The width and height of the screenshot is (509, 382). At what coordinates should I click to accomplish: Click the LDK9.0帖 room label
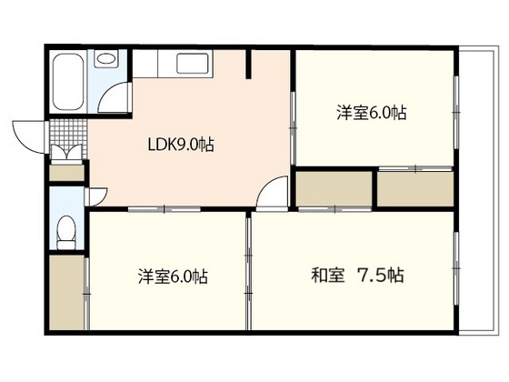coord(181,145)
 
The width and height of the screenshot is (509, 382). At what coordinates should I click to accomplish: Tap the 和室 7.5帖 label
coord(358,276)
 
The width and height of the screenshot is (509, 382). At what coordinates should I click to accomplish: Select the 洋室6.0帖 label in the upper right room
coord(372,113)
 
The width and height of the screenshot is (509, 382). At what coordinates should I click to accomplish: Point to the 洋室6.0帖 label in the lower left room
coord(173,276)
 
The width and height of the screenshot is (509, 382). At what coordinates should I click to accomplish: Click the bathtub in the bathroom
coord(68,82)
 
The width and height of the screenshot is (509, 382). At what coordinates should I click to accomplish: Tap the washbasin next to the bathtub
coord(106,59)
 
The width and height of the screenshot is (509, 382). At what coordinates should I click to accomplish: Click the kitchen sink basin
coord(192,64)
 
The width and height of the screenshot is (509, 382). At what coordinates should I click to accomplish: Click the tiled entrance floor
coord(68,132)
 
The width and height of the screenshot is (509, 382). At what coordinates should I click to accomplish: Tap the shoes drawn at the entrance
coord(67,152)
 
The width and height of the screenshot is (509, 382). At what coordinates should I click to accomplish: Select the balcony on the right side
coord(478,191)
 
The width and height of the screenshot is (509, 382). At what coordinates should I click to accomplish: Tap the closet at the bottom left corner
coord(66,292)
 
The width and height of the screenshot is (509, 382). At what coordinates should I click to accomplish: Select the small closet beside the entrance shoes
coord(66,173)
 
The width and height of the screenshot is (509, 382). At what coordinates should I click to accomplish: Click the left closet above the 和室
coord(334,188)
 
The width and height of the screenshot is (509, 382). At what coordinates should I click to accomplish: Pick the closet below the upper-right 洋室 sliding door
coord(415,189)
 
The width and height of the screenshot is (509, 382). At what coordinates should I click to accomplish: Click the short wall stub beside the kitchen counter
coord(248,64)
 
